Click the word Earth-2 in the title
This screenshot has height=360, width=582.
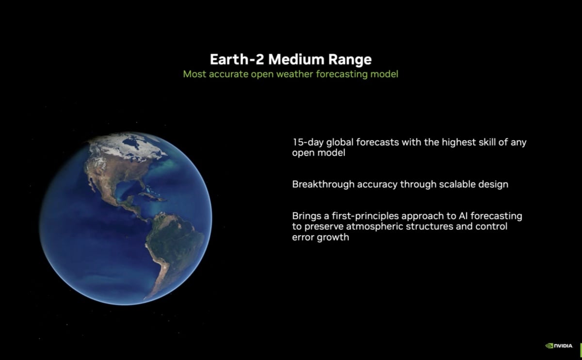pyautogui.click(x=237, y=60)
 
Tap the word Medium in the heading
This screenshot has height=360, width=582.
pyautogui.click(x=296, y=60)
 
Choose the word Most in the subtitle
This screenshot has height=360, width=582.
pyautogui.click(x=193, y=75)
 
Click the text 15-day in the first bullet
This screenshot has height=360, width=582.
pyautogui.click(x=307, y=143)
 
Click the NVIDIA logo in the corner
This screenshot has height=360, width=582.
pyautogui.click(x=559, y=345)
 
